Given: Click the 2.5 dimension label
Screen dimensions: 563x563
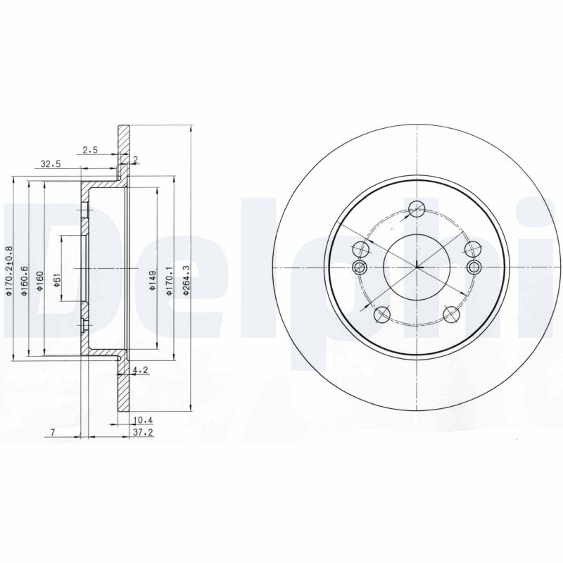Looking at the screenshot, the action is click(x=90, y=150).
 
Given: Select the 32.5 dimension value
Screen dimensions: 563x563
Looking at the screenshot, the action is click(x=51, y=165).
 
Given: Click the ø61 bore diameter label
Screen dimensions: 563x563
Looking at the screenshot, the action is click(x=57, y=279).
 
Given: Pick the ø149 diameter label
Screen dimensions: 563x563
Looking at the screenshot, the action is click(x=153, y=280).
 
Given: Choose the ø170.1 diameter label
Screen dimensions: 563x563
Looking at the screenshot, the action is click(x=170, y=280).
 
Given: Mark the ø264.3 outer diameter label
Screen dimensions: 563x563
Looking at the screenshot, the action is click(x=186, y=280).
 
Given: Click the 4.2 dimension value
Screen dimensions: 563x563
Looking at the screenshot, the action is click(x=140, y=370).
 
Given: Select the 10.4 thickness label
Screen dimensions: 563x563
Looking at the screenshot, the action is click(x=143, y=419).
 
